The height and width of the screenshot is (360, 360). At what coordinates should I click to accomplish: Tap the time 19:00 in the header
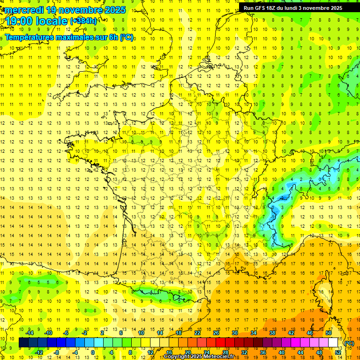(20, 21)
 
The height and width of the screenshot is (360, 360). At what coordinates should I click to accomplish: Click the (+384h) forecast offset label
(84, 21)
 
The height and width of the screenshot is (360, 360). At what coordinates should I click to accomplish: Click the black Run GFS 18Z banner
(292, 8)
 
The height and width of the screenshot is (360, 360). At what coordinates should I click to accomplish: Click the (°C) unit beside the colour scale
(349, 343)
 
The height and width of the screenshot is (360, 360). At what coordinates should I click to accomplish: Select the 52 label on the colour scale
(338, 352)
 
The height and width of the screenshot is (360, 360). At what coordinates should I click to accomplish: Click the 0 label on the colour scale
(93, 352)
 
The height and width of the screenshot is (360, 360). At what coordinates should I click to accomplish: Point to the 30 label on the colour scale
(234, 333)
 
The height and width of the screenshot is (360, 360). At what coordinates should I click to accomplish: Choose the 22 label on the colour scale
(197, 333)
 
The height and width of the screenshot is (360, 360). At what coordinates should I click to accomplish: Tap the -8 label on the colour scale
(56, 352)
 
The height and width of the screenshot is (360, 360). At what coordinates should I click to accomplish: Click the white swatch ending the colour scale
(333, 343)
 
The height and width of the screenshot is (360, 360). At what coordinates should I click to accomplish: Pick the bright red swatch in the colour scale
(220, 343)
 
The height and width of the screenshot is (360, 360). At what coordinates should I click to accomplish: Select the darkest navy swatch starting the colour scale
(23, 343)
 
